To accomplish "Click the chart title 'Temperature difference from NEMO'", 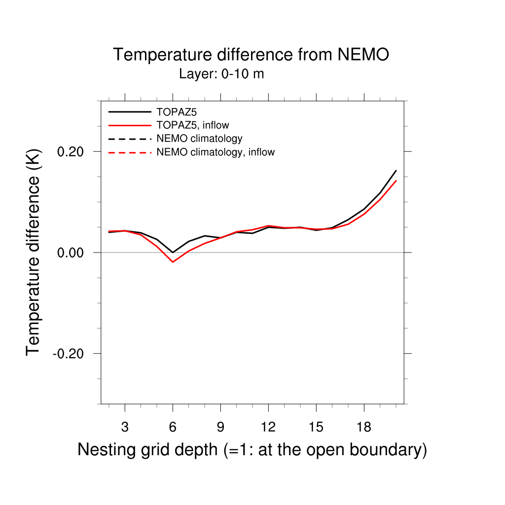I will (x=251, y=55).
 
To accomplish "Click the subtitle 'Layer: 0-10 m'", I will (x=221, y=74).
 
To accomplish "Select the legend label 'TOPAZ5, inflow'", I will (x=192, y=125).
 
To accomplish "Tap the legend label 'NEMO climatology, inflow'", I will (x=215, y=152).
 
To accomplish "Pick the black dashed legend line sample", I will (x=129, y=139).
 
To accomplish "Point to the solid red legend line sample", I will (x=129, y=125).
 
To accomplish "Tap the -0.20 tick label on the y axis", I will (x=71, y=354).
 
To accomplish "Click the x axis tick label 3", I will (x=125, y=427).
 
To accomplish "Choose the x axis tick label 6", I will (x=173, y=427).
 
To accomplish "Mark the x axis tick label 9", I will (x=220, y=427).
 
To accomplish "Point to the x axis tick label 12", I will (x=268, y=427).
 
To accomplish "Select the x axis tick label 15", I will (x=316, y=427).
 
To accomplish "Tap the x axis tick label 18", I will (x=363, y=427).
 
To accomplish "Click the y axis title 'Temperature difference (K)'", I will (x=33, y=252).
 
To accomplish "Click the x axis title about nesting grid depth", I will (x=252, y=450).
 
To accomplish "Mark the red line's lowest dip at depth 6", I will (x=173, y=262).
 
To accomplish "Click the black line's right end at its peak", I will (x=396, y=171).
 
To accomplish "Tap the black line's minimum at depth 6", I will (x=173, y=252).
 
